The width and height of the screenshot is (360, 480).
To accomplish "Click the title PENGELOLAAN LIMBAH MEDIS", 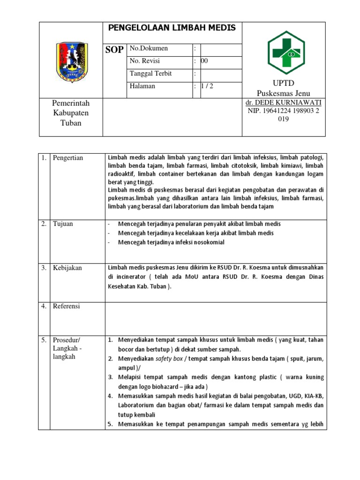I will coord(172,28).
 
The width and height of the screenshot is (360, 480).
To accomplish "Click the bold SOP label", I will coord(114,50).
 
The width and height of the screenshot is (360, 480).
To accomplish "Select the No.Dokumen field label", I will coord(149,49).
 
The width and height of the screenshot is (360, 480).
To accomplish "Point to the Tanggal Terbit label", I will coord(150,74).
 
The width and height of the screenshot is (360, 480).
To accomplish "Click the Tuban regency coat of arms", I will coord(71,62).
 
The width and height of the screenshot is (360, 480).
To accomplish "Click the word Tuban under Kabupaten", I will coord(71,123).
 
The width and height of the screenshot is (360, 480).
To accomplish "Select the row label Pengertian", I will coord(68,158).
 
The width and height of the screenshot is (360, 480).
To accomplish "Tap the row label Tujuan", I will coord(63,224).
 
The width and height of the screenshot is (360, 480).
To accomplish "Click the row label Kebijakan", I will coord(67,268).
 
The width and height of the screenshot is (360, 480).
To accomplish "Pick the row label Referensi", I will coord(67,307).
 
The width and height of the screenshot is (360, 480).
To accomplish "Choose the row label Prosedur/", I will coord(67,340).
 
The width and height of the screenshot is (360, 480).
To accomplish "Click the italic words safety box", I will coord(169,359).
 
